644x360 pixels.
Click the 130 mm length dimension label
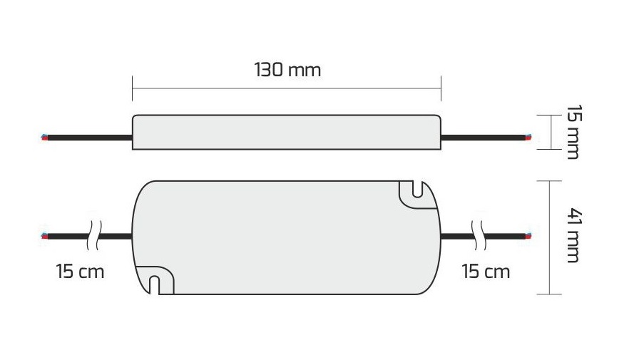pos(287,70)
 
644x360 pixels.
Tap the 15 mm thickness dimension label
pos(573,132)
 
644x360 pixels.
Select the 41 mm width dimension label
pos(574,235)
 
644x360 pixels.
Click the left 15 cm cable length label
pos(80,272)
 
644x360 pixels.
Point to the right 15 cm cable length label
pos(486,272)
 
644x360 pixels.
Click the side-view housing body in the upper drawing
pos(287,132)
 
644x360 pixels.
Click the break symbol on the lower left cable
pos(94,236)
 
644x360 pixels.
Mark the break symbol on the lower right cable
pos(479,236)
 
